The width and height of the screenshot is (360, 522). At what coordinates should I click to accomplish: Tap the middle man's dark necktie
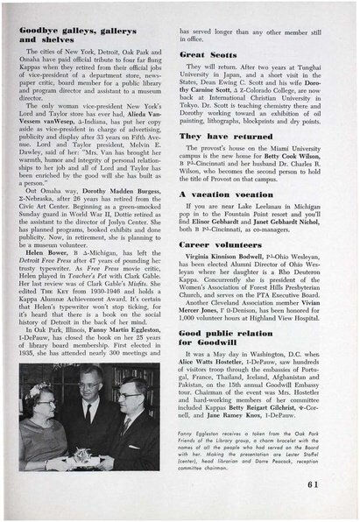click(89, 436)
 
